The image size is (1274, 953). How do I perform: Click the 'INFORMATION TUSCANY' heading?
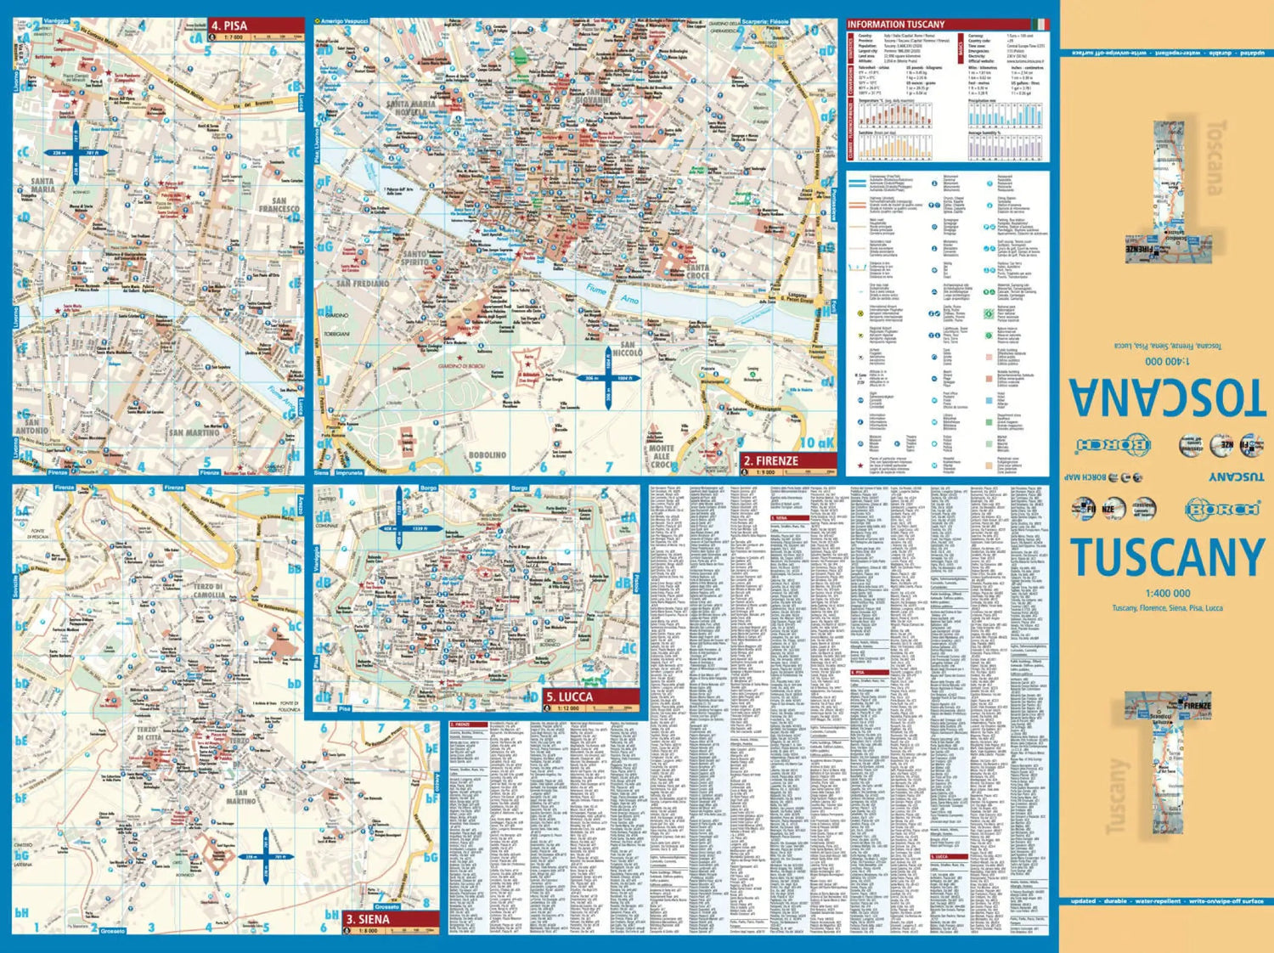896,25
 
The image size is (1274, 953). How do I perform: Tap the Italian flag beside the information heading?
1040,25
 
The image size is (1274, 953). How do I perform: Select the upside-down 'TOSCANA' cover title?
1166,395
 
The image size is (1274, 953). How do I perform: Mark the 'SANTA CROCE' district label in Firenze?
697,272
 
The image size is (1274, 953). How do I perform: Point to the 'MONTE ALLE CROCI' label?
662,456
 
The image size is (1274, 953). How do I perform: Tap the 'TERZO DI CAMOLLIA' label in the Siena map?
208,590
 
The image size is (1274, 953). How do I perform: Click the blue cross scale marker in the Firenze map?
609,377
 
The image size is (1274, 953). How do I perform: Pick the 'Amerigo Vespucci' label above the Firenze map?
344,20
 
